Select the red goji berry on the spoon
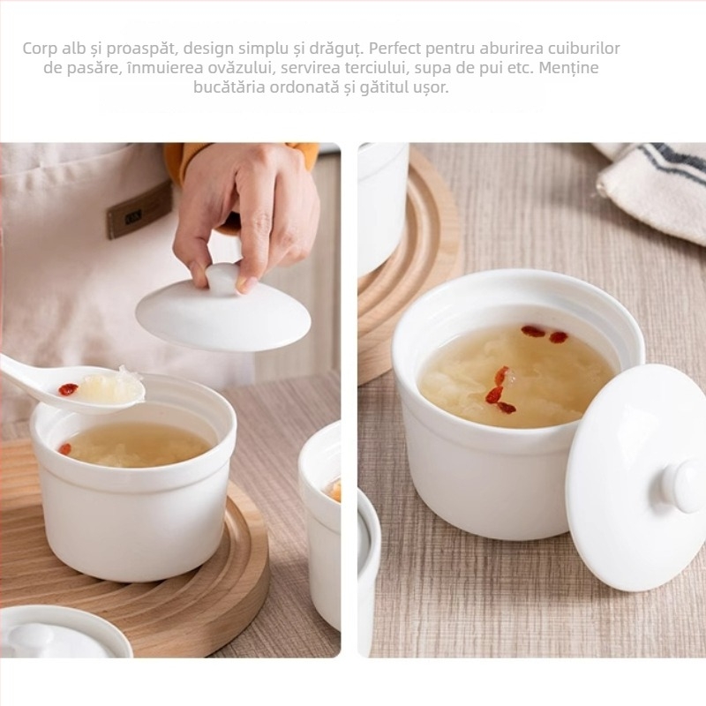[x=69, y=389]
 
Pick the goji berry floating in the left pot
[x=66, y=448]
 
